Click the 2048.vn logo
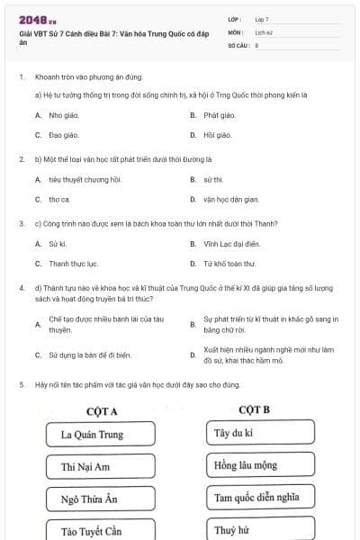[x=36, y=18]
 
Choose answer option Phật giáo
[x=219, y=115]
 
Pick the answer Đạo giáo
[x=59, y=135]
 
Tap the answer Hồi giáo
[x=217, y=135]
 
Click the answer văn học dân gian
[x=231, y=199]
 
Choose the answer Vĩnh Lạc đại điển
[x=231, y=243]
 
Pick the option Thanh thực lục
[x=73, y=264]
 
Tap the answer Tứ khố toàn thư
[x=229, y=264]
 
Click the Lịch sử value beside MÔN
[x=264, y=31]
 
